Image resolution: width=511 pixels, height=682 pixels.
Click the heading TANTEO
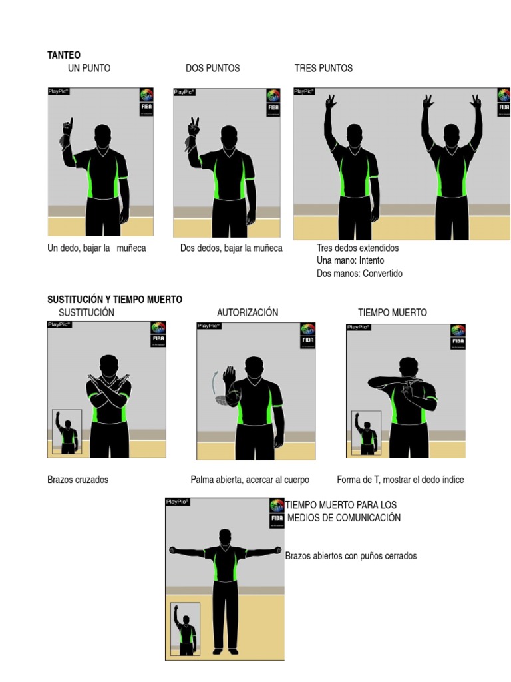[x=63, y=55]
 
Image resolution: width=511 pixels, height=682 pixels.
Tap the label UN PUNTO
[x=89, y=68]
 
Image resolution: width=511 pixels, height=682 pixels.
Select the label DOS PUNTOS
[x=212, y=68]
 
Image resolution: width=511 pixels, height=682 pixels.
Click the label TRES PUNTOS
[x=323, y=68]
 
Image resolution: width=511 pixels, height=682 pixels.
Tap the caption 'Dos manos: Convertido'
[x=359, y=273]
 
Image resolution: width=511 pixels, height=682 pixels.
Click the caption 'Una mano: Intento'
[x=350, y=260]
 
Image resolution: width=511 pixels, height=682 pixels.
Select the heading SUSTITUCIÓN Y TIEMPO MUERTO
[x=114, y=300]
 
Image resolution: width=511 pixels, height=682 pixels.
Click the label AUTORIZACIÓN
[x=248, y=312]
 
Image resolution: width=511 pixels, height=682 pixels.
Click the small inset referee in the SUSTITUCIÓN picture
[x=67, y=432]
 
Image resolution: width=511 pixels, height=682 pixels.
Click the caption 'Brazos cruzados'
[x=78, y=480]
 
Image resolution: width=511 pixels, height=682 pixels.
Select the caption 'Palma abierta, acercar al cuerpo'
[x=250, y=480]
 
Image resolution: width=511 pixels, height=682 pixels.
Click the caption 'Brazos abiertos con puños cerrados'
[x=351, y=555]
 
